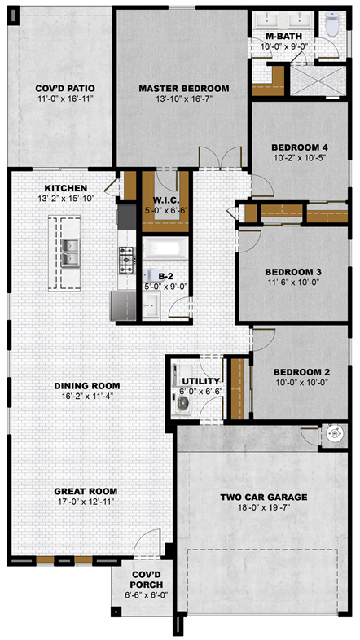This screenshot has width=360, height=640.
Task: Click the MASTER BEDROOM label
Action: coord(184,88)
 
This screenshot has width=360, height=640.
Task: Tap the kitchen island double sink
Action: coord(70,253)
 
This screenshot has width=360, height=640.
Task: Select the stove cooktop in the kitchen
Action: coord(126,260)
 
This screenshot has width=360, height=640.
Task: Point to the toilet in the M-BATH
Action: coord(332,24)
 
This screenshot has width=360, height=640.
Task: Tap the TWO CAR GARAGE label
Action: coord(264,498)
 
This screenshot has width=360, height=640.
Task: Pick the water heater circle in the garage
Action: coord(333,436)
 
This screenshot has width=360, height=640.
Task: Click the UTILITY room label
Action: coord(201,381)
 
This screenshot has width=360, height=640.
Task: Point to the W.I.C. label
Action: coord(165,201)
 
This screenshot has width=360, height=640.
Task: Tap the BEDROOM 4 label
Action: coord(300,147)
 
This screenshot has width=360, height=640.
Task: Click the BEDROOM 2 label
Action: coord(301,372)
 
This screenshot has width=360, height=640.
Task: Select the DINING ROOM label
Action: coord(87,386)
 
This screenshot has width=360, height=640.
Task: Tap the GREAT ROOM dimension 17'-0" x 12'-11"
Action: coord(86,501)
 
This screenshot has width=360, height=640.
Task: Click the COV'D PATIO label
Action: coord(65,88)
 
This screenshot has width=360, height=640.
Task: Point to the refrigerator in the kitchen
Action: coord(124,305)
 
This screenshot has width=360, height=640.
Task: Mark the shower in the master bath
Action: coord(318,81)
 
